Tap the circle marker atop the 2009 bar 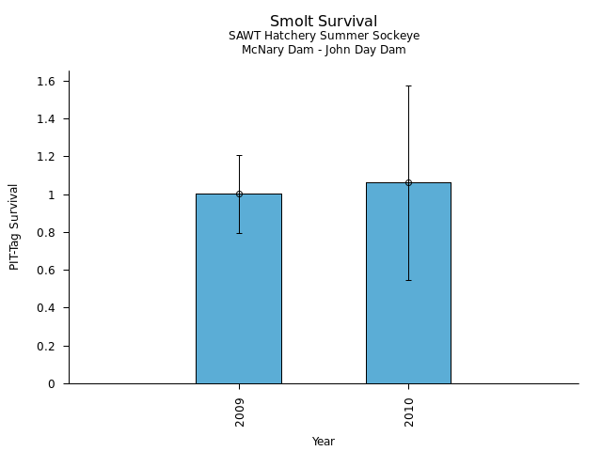[x=239, y=194]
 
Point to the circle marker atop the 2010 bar [x=408, y=182]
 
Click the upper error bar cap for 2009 [x=239, y=155]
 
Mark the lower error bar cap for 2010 [x=408, y=280]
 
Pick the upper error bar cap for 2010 [x=408, y=86]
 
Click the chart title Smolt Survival [x=324, y=22]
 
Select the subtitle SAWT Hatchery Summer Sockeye [x=324, y=36]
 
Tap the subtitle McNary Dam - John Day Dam [x=324, y=50]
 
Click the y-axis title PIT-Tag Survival [x=14, y=226]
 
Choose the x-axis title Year [x=324, y=442]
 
